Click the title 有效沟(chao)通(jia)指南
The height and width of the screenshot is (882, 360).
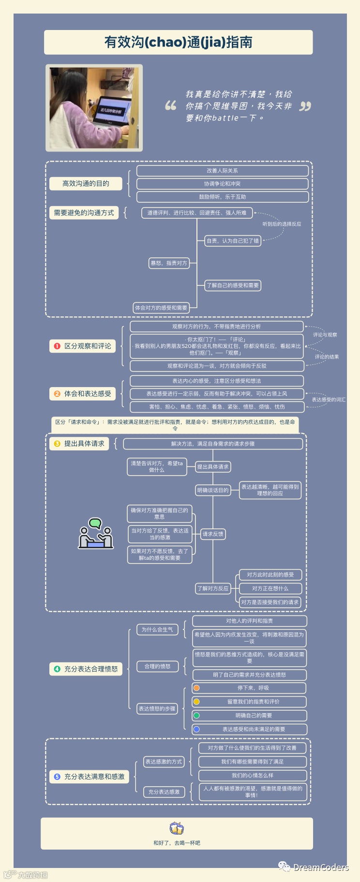coord(178,42)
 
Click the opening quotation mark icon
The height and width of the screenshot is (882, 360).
coord(170,106)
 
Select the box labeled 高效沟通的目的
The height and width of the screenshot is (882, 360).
coord(86,183)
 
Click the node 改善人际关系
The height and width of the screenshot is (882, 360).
coord(222,171)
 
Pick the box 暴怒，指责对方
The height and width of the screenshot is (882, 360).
coord(168,263)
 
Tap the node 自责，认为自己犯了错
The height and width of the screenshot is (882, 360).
coord(233,240)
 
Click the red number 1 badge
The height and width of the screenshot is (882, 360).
coord(57,346)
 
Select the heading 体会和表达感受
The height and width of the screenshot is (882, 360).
coord(88,394)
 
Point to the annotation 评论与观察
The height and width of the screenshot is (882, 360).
coord(325,335)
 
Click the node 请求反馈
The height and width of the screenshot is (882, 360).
coord(213,534)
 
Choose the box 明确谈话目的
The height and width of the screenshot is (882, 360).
coord(213,490)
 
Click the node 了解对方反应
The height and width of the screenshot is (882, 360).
coord(213,588)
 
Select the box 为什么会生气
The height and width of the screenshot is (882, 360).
coord(157,629)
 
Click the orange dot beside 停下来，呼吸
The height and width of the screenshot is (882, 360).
coord(196,688)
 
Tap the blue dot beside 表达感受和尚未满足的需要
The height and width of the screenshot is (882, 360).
coord(196,729)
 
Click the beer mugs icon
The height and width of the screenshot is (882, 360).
coord(177,828)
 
